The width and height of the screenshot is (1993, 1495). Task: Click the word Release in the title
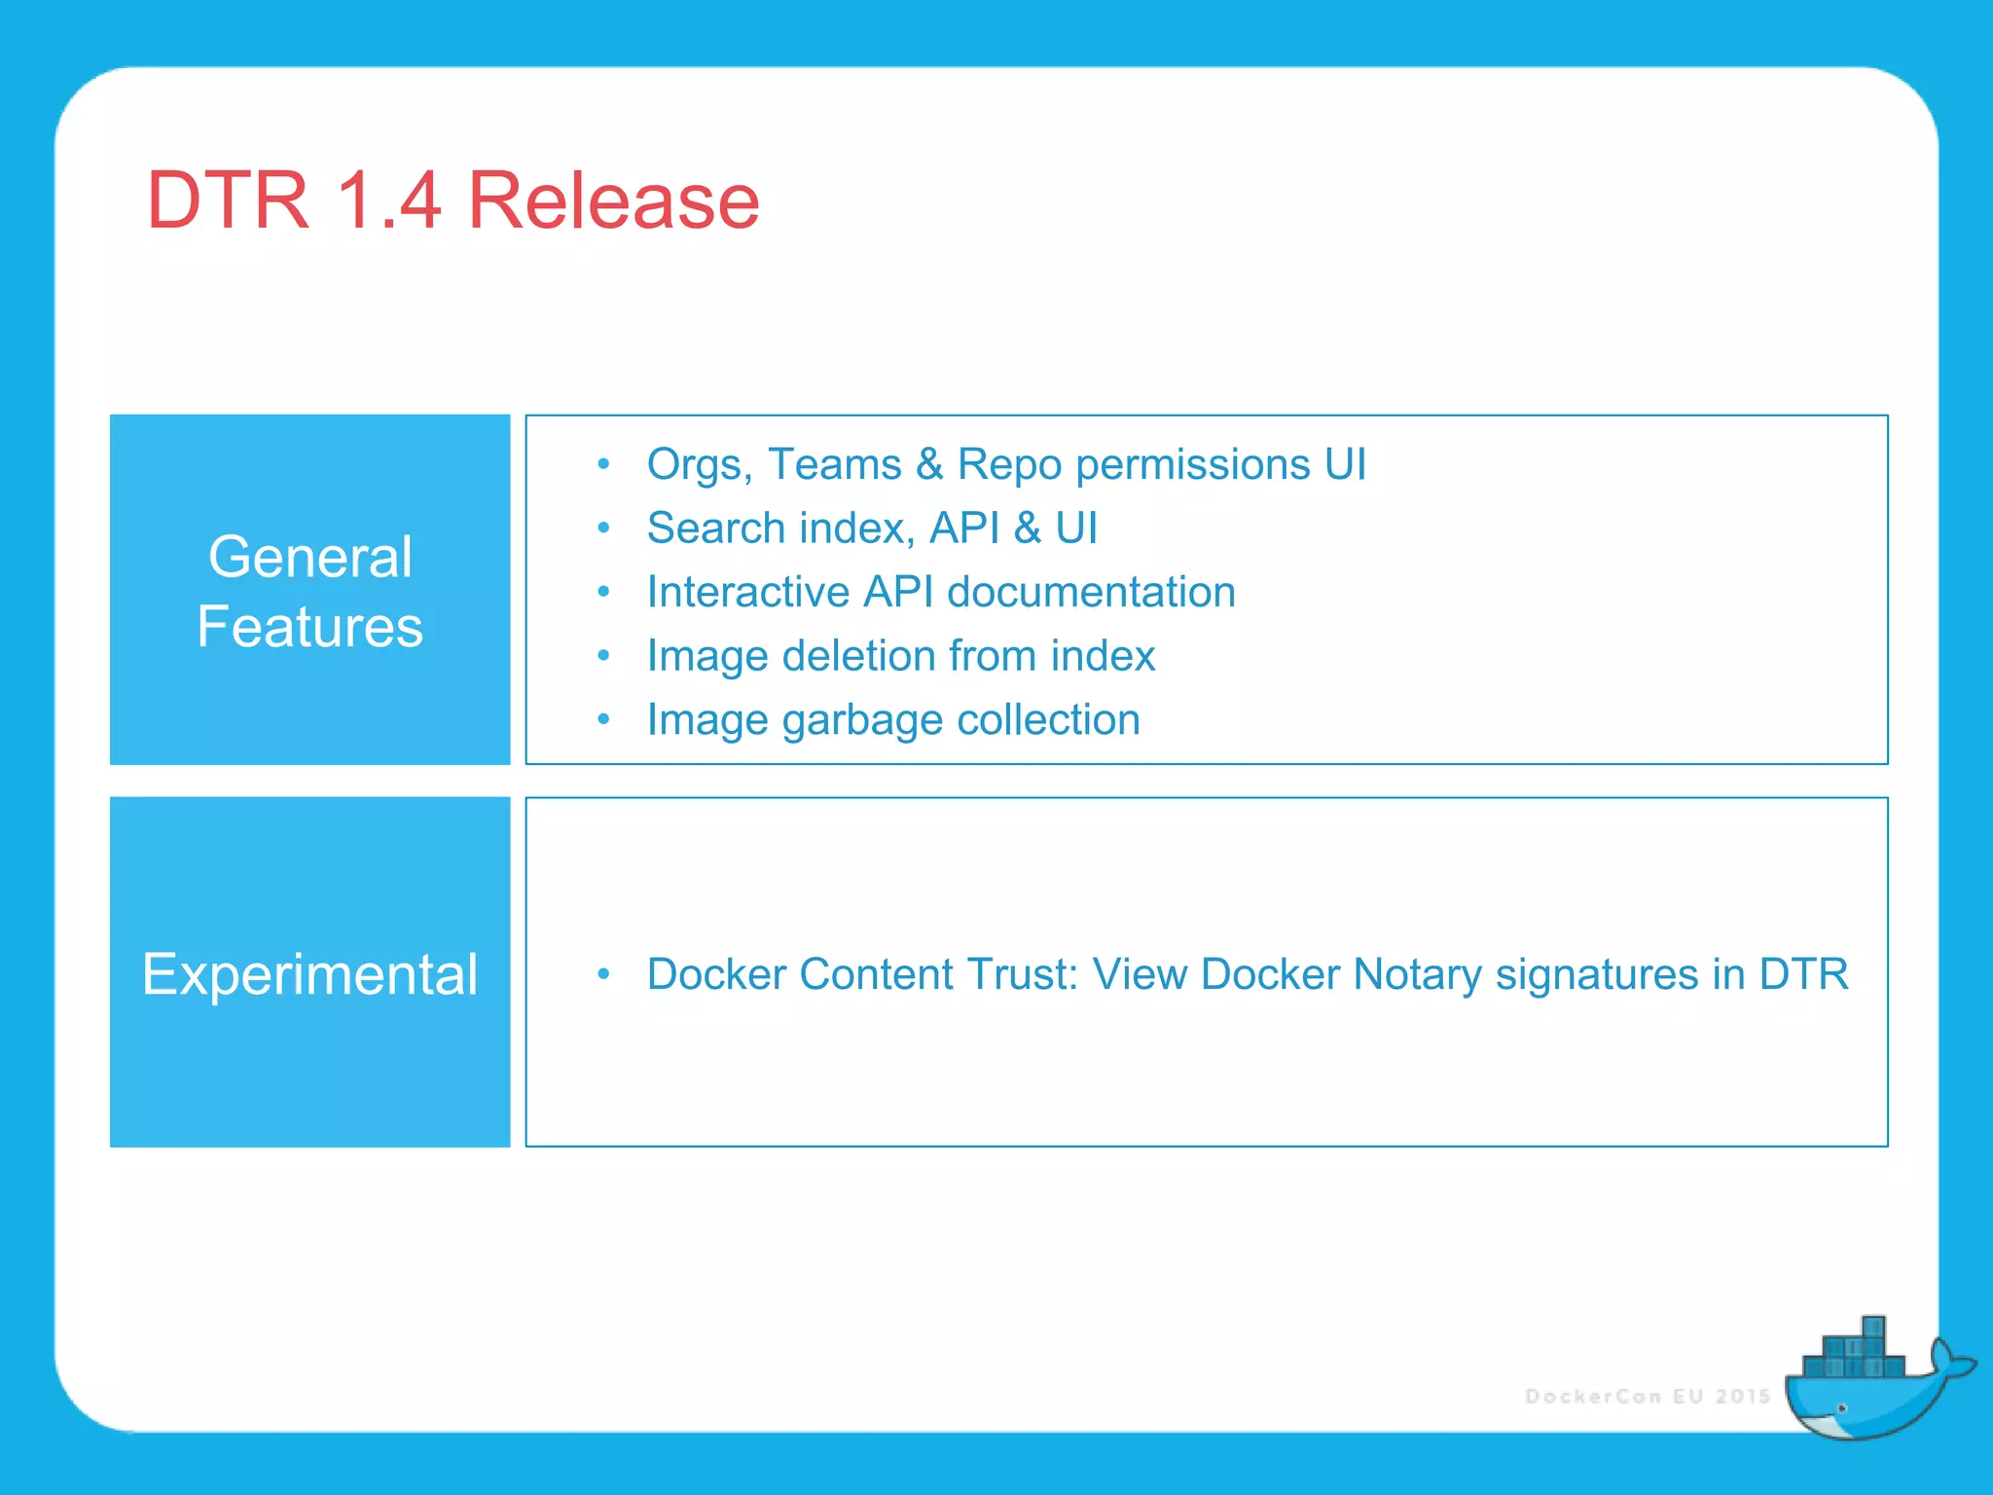click(x=613, y=201)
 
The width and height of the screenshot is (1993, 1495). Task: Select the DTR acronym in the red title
click(x=228, y=201)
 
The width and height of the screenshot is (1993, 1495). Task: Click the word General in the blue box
click(x=310, y=557)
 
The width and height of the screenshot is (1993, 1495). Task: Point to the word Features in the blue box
click(x=310, y=626)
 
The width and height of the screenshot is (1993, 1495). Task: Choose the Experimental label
click(x=310, y=973)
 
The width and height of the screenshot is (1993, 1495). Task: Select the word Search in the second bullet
click(x=715, y=529)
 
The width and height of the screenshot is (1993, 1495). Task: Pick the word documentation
click(x=1091, y=592)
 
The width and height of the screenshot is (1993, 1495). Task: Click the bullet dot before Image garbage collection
click(x=603, y=719)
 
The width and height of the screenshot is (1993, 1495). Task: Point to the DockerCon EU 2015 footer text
click(x=1648, y=1397)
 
